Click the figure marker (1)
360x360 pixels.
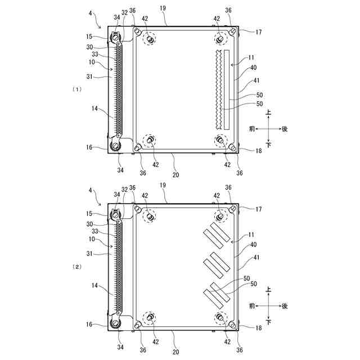77,89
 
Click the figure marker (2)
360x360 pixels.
77,267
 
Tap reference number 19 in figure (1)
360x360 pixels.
163,8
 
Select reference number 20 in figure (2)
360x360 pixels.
175,352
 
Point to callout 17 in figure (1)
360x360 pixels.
259,32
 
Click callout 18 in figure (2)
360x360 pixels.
259,327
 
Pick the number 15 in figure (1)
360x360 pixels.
89,37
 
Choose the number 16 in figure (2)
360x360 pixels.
89,324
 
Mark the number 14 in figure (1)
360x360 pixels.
94,109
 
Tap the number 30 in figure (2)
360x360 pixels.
89,224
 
